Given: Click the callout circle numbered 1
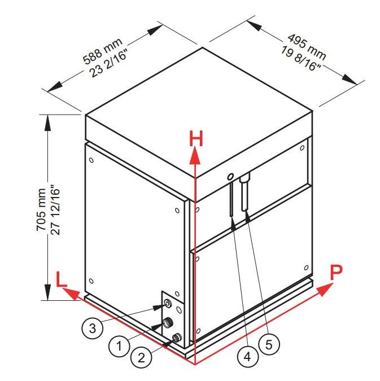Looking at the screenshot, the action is pyautogui.click(x=119, y=345).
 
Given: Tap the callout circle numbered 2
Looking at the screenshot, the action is pyautogui.click(x=141, y=358).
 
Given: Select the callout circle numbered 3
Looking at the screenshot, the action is pyautogui.click(x=93, y=329).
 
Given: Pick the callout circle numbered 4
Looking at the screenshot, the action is pyautogui.click(x=247, y=357).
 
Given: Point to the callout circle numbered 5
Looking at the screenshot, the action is pyautogui.click(x=269, y=344).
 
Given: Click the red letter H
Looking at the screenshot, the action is pyautogui.click(x=196, y=138).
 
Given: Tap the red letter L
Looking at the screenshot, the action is pyautogui.click(x=62, y=279).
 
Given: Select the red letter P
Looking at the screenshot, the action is pyautogui.click(x=336, y=273).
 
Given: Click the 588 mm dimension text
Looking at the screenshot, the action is pyautogui.click(x=103, y=51).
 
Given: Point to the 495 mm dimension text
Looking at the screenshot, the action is pyautogui.click(x=307, y=47).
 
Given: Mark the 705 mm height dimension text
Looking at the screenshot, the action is pyautogui.click(x=41, y=209).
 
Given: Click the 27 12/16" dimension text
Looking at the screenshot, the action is pyautogui.click(x=55, y=210).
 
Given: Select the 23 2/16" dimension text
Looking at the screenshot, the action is pyautogui.click(x=108, y=63).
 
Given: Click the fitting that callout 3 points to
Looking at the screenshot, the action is pyautogui.click(x=168, y=304).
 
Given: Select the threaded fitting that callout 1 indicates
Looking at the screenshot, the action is pyautogui.click(x=167, y=323).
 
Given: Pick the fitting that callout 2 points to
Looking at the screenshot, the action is pyautogui.click(x=177, y=338).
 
